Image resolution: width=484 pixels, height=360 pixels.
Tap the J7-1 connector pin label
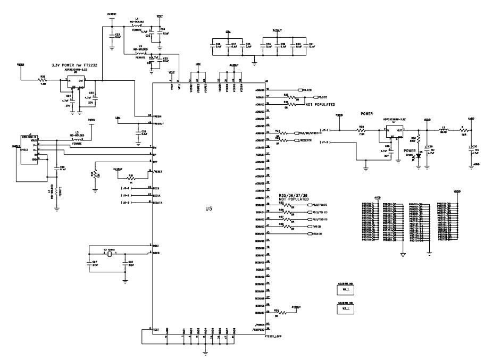[x=326, y=130]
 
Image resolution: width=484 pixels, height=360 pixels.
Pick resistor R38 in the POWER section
[x=361, y=130]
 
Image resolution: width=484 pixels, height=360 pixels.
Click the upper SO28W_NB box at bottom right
[x=347, y=290]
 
